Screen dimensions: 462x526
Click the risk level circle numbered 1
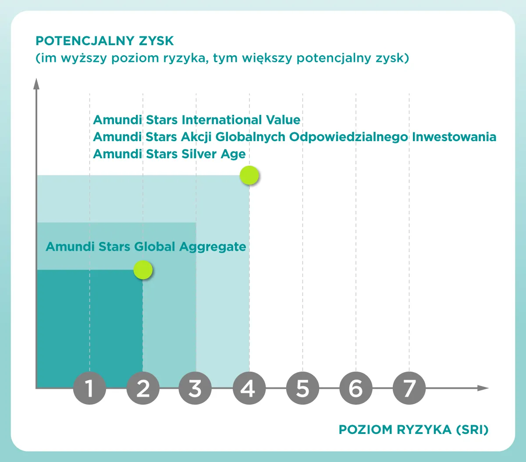coord(89,388)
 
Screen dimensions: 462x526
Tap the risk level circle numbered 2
coord(143,388)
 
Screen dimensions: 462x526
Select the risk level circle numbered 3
coord(195,388)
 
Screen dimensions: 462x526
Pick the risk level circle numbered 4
coord(249,388)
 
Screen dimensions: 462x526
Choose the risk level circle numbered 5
coord(302,388)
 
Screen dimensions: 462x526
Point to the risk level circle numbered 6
coord(355,388)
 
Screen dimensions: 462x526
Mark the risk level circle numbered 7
coord(409,388)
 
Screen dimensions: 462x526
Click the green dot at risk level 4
coord(250,176)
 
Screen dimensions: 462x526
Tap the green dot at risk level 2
coord(143,270)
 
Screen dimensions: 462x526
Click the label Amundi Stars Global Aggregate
coord(146,246)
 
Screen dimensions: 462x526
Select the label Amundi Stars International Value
coord(197,120)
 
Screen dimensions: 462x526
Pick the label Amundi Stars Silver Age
coord(169,154)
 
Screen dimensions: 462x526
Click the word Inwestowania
coord(454,137)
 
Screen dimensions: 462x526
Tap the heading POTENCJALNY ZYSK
coord(105,41)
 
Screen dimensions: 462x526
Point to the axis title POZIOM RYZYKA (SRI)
coord(413,430)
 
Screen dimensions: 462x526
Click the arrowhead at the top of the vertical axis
coord(36,83)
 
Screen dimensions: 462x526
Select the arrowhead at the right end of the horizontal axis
coord(483,388)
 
